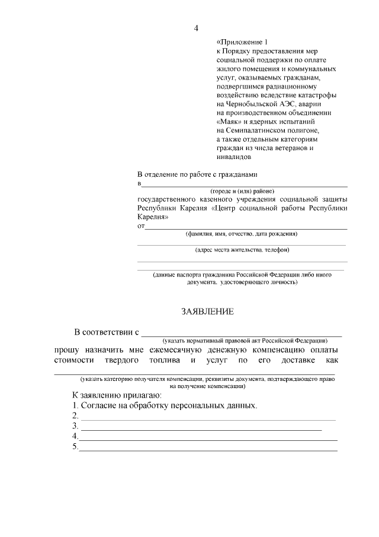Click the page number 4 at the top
tap(196, 28)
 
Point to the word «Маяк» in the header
tap(229, 122)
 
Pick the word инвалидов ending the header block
tap(235, 158)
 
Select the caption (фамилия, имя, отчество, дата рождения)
tap(242, 234)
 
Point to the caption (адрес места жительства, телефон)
tap(242, 250)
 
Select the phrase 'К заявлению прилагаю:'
tap(113, 395)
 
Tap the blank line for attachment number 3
tap(201, 428)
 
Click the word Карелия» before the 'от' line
tap(153, 217)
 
